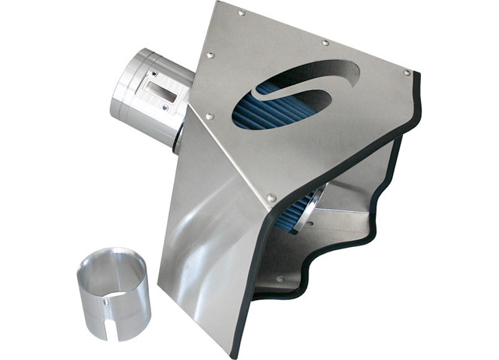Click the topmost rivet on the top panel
click(x=241, y=12)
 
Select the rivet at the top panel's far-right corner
click(x=407, y=72)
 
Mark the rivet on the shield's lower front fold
click(x=271, y=198)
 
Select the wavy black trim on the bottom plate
click(x=343, y=257)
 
